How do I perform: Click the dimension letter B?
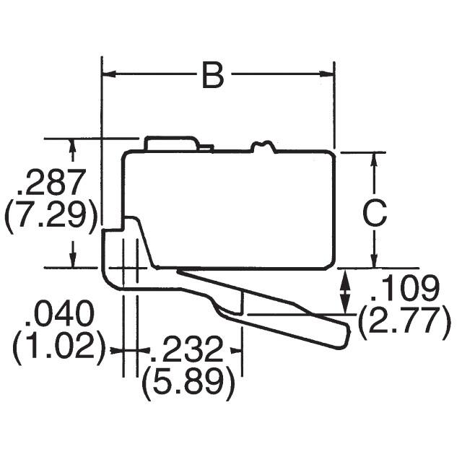[x=212, y=75]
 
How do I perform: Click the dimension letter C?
[x=374, y=213]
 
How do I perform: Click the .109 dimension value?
[x=404, y=289]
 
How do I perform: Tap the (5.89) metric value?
[x=188, y=384]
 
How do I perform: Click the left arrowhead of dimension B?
[x=108, y=74]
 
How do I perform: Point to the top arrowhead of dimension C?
[x=374, y=159]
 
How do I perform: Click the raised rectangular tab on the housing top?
[x=170, y=143]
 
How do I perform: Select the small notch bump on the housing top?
[x=263, y=147]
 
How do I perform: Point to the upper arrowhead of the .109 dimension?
[x=345, y=276]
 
